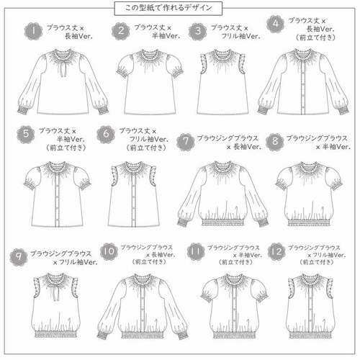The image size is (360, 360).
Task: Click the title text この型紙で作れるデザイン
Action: pyautogui.click(x=179, y=8)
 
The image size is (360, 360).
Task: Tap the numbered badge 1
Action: pyautogui.click(x=32, y=32)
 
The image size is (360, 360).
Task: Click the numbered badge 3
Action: pyautogui.click(x=197, y=32)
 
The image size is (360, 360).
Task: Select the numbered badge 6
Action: pyautogui.click(x=109, y=134)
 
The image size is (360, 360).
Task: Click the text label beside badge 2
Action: pyautogui.click(x=156, y=32)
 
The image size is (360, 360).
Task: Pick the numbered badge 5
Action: pyautogui.click(x=27, y=134)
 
